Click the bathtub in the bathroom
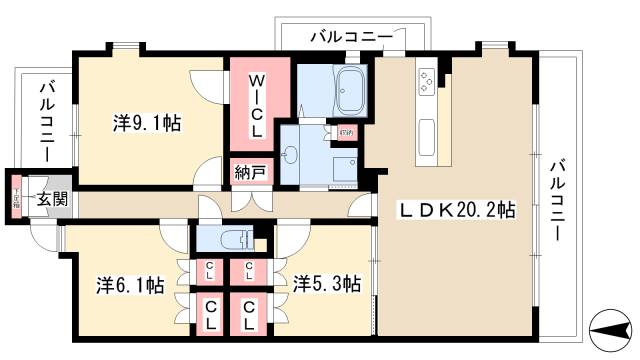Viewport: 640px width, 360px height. [350, 91]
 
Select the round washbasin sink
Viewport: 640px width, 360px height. [290, 153]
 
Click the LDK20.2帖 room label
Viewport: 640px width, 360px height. [458, 211]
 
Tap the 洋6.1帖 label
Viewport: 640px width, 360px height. [130, 285]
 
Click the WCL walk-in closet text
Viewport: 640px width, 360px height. [256, 104]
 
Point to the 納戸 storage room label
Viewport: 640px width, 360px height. [250, 172]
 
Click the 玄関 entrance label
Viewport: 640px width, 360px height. [53, 198]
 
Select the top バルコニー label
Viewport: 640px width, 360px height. [349, 37]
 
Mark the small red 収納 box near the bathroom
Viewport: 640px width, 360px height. [345, 130]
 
